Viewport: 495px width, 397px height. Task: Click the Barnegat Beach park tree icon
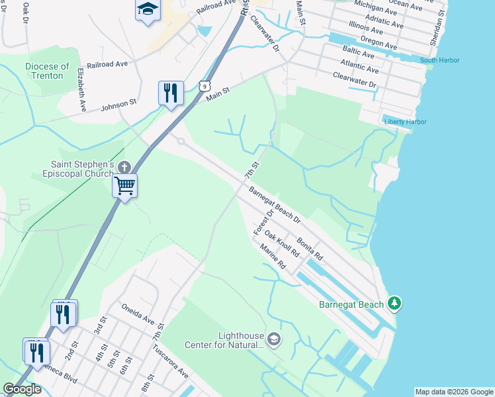[x=395, y=303]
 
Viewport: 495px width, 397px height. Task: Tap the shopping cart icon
[x=124, y=185]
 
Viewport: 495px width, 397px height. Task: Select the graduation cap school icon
[x=148, y=10]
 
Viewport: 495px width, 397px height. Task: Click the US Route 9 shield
[x=206, y=86]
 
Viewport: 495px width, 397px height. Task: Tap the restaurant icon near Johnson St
[x=171, y=93]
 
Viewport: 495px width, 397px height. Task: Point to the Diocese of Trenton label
[x=47, y=71]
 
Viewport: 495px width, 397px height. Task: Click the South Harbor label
[x=439, y=61]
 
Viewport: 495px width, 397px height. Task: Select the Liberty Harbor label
[x=405, y=122]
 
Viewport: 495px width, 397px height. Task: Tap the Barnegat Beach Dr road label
[x=275, y=204]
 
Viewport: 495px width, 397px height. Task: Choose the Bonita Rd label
[x=310, y=248]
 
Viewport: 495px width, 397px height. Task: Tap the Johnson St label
[x=118, y=105]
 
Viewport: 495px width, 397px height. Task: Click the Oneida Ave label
[x=138, y=313]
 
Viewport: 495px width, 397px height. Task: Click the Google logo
[x=22, y=389]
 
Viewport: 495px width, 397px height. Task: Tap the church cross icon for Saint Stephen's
[x=124, y=167]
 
